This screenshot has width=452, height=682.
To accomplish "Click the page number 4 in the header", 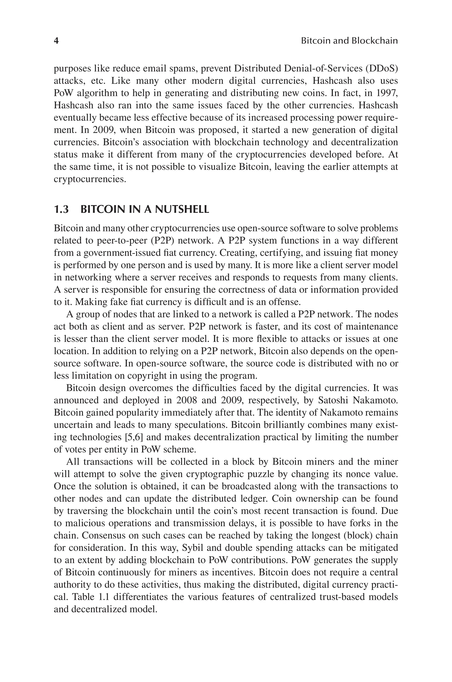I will [56, 41].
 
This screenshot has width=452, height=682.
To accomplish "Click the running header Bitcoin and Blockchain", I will [349, 41].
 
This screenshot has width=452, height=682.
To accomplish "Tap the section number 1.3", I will [61, 209].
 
